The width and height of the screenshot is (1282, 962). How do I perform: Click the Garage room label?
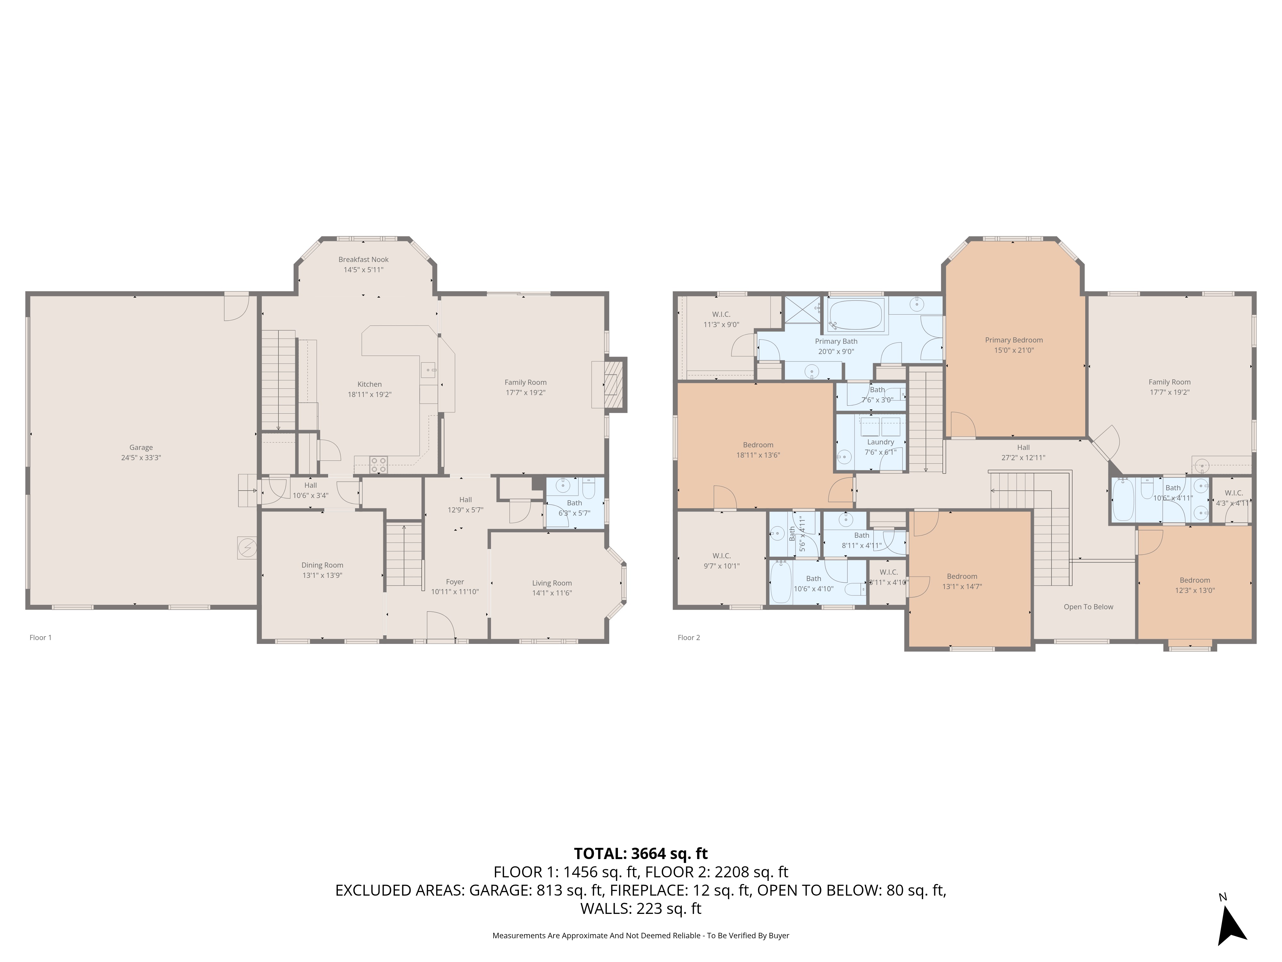coord(141,447)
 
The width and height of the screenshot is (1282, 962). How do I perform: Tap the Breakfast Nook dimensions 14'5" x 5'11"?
coord(363,270)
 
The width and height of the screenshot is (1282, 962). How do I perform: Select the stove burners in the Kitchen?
coord(379,464)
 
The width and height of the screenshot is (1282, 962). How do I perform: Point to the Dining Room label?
coord(322,565)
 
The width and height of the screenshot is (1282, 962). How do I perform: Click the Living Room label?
coord(552,583)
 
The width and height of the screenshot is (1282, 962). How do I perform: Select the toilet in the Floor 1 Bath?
coord(588,489)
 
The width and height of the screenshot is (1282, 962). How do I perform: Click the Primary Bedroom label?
coord(1014,340)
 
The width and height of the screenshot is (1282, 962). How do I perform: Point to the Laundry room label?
coord(880,442)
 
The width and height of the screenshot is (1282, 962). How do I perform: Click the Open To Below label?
coord(1088,607)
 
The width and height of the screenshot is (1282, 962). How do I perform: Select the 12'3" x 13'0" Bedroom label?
coord(1195,580)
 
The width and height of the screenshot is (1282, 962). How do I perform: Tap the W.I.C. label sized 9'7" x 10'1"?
coord(721,555)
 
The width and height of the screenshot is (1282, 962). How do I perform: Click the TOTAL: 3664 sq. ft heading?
coord(640,854)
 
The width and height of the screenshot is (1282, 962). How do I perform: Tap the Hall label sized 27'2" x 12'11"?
coord(1023,447)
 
